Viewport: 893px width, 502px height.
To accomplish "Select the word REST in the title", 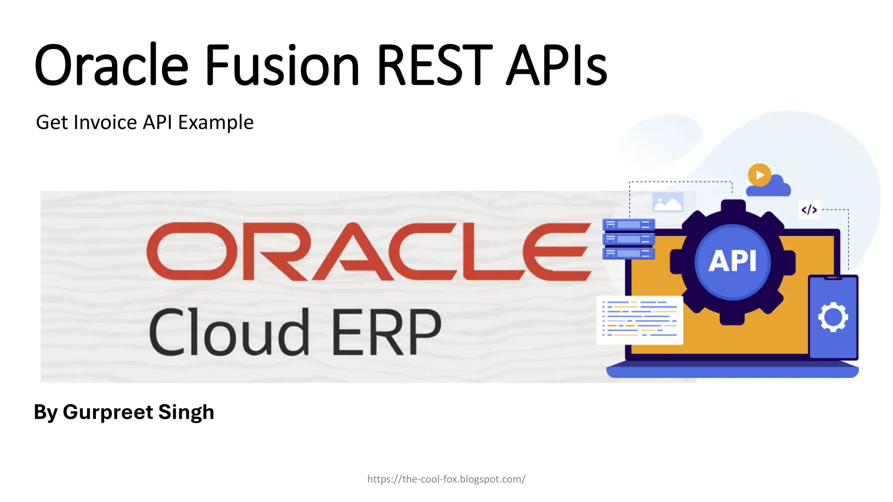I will pos(434,65).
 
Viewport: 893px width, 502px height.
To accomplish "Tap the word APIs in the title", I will pos(556,65).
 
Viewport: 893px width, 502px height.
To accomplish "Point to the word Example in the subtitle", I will pos(216,123).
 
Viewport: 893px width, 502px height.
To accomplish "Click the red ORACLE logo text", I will pos(368,251).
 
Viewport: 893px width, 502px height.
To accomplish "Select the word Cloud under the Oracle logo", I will pos(229,332).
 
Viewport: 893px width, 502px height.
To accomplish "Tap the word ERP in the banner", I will pos(386,332).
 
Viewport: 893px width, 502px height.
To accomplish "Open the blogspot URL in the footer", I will pos(446,479).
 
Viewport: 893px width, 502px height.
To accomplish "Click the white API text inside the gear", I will pos(732,261).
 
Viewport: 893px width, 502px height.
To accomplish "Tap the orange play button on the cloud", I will pos(759,175).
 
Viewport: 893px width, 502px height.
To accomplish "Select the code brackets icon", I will pos(809,210).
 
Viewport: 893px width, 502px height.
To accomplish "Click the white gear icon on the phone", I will pos(833,317).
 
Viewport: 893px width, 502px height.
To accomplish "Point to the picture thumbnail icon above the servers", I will pos(668,202).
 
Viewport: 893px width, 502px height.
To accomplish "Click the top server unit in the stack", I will pos(628,224).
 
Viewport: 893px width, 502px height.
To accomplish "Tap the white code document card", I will pos(640,320).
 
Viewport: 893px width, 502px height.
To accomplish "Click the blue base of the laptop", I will pos(732,372).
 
